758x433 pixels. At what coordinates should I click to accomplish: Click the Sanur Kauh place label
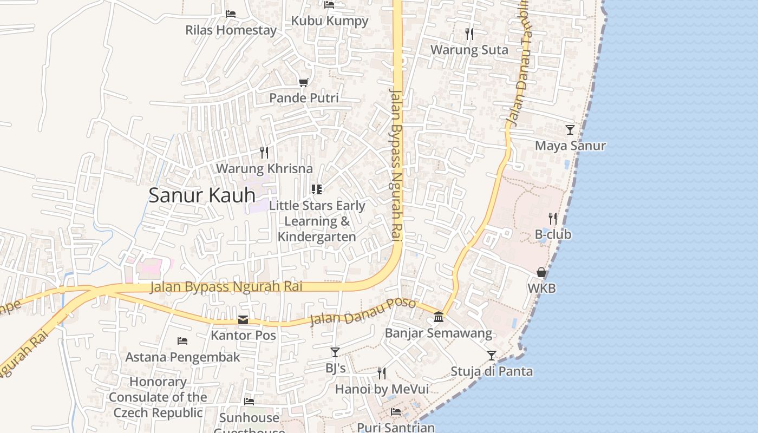[202, 195]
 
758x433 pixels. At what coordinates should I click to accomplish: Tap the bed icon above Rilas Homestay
[231, 14]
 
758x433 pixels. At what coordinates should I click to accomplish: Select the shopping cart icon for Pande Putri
[304, 82]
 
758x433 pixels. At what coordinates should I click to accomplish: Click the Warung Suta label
[469, 50]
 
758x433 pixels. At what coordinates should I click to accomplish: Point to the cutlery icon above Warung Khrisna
[264, 152]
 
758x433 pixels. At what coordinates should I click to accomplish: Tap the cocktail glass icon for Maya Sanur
[570, 129]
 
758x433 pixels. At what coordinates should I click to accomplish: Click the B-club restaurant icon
[553, 219]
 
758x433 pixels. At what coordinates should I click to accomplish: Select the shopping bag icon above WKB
[541, 272]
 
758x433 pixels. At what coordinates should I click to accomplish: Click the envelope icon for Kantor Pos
[243, 320]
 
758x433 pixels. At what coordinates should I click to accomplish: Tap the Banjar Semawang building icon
[439, 317]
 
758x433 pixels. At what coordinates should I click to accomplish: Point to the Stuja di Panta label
[492, 371]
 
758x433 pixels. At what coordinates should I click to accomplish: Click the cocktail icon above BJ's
[335, 352]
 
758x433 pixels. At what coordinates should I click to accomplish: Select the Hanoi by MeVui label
[382, 389]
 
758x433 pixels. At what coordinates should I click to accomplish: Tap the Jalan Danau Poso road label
[362, 312]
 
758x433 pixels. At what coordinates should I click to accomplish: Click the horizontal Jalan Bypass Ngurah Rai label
[226, 287]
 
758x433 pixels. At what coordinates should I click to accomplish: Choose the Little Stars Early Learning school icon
[317, 189]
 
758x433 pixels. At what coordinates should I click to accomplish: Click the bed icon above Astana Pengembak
[182, 341]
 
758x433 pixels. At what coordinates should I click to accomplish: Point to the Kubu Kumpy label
[330, 21]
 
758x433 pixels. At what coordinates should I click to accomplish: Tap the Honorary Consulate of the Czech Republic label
[158, 397]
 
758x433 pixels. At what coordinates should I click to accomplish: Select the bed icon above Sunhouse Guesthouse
[249, 402]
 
